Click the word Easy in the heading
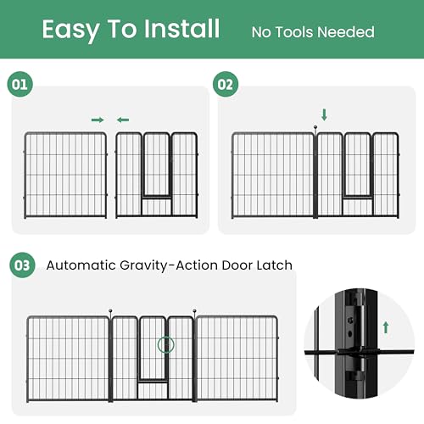70,31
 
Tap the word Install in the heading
181,29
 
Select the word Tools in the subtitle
296,32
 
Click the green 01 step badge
20,84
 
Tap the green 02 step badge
226,84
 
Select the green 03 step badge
22,265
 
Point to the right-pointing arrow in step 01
98,120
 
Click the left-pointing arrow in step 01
123,120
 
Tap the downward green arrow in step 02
324,114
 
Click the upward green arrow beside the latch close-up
386,327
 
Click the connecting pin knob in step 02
315,127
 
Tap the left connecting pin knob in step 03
110,311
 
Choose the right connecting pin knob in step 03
194,311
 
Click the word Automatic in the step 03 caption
81,265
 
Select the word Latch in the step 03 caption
274,265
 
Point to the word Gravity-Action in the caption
169,266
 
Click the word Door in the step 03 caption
237,265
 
